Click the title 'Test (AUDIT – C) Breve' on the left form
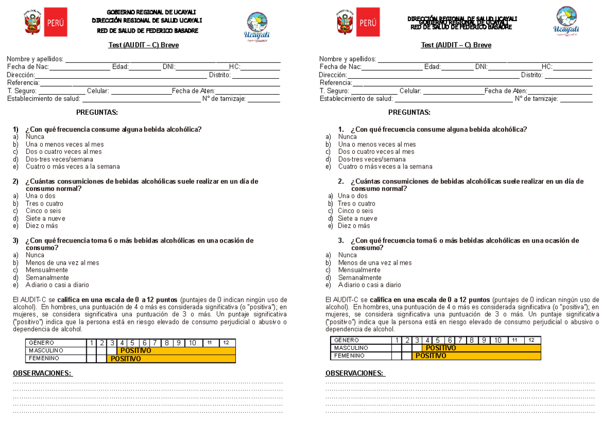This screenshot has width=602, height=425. (x=143, y=45)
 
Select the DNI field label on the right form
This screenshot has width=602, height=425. (x=481, y=67)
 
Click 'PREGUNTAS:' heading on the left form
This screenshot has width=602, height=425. (x=97, y=112)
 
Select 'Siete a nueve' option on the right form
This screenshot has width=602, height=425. (x=357, y=219)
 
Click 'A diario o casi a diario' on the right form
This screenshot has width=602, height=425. (x=369, y=285)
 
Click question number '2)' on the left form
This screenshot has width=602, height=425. (x=16, y=181)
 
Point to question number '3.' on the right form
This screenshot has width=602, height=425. (x=341, y=241)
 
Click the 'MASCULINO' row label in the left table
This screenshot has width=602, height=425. (x=46, y=350)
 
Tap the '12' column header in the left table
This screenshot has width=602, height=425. (x=226, y=343)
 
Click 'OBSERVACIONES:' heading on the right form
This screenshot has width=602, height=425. (x=355, y=373)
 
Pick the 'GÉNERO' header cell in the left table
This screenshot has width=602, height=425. (x=41, y=343)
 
